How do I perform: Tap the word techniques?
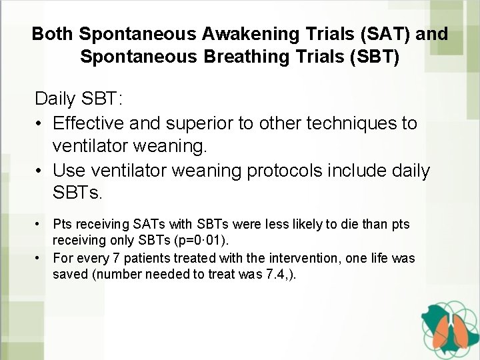coord(344,123)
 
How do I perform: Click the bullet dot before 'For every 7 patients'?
coord(41,258)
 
